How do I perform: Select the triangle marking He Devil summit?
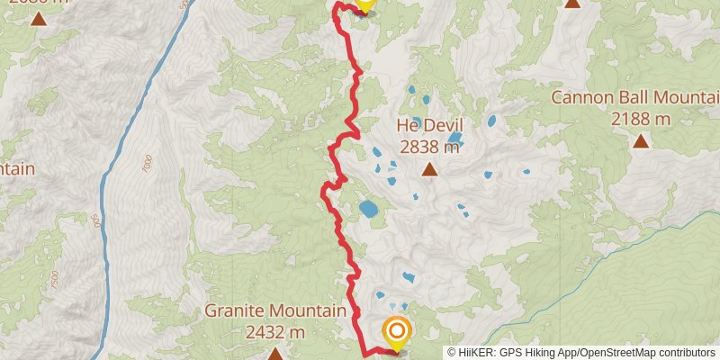[x=430, y=169]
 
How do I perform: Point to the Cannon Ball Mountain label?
[x=635, y=98]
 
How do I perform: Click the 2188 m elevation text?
[x=640, y=118]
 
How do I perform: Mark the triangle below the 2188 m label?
[x=640, y=140]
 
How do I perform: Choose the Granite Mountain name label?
[x=274, y=310]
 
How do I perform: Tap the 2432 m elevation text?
[x=274, y=331]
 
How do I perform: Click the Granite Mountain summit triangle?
[x=274, y=353]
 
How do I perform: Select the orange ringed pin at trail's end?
[x=396, y=332]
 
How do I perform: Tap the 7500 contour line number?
[x=55, y=279]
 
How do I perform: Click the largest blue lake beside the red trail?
[x=369, y=210]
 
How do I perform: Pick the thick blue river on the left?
[x=117, y=162]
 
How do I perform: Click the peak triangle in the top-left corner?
[x=38, y=17]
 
